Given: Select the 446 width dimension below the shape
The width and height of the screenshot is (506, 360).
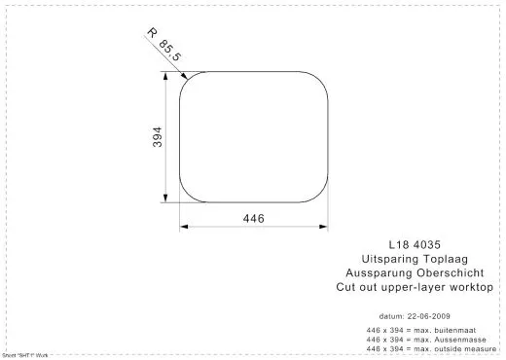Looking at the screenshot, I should pyautogui.click(x=251, y=218).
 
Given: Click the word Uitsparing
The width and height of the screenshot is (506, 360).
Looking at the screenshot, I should pyautogui.click(x=385, y=262).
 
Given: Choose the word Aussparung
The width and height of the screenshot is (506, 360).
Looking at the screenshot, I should pyautogui.click(x=376, y=274).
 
